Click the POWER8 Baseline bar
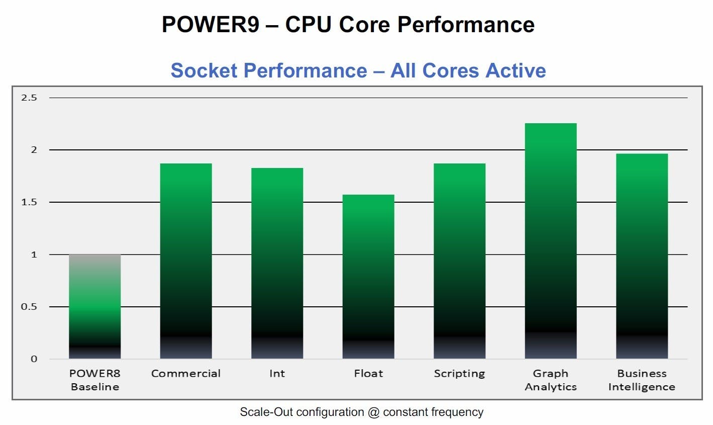[x=95, y=306]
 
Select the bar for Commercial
[x=186, y=261]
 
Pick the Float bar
[x=368, y=277]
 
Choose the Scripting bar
[x=459, y=261]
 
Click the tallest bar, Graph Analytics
[x=551, y=241]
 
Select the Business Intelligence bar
[x=642, y=256]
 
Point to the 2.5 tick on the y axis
[x=29, y=98]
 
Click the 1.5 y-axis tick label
[x=29, y=202]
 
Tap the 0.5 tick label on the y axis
[x=29, y=307]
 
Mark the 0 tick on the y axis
[x=34, y=359]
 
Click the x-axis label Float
[x=368, y=374]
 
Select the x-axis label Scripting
[x=459, y=374]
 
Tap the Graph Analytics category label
[x=551, y=380]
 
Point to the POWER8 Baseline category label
[x=95, y=380]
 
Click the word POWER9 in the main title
[x=210, y=24]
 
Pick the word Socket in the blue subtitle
[x=203, y=70]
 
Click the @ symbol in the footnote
[x=373, y=412]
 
